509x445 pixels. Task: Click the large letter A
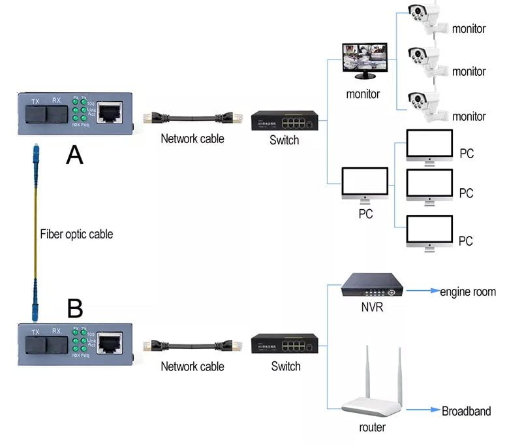tap(75, 155)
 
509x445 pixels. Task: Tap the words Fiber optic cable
tap(76, 234)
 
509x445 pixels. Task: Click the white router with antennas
tap(371, 390)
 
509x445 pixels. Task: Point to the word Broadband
tap(466, 411)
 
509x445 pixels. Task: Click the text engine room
tap(467, 292)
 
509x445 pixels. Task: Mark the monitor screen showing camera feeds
tap(365, 61)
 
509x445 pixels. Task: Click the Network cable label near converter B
tap(193, 367)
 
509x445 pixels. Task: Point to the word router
tap(372, 427)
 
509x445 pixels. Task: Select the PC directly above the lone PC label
tap(365, 185)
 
